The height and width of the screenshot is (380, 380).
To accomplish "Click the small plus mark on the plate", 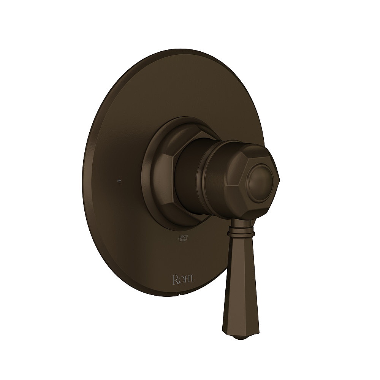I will [x=119, y=181].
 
